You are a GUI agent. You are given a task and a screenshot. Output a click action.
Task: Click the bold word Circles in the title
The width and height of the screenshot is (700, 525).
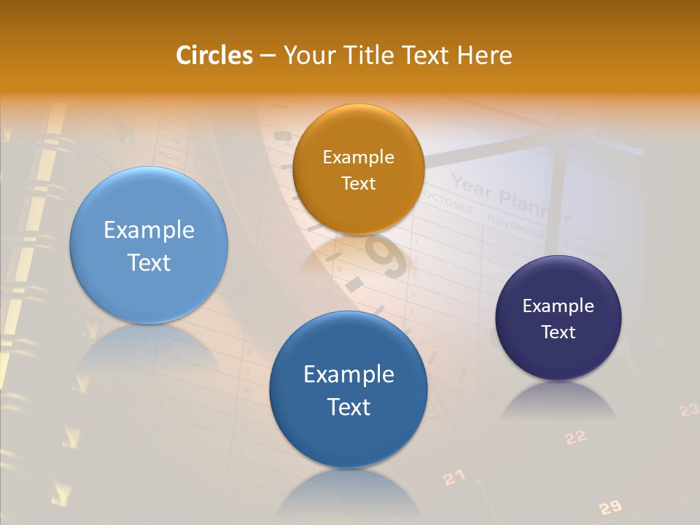click(214, 55)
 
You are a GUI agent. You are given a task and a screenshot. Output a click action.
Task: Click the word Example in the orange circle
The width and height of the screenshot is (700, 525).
click(358, 157)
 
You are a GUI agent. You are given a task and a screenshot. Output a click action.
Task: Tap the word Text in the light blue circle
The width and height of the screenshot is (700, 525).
click(149, 262)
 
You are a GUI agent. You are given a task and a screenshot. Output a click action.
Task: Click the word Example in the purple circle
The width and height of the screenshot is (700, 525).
click(558, 306)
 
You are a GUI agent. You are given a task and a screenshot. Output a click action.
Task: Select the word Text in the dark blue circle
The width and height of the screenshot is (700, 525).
click(349, 407)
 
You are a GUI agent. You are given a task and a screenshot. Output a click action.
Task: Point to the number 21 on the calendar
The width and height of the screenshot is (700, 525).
click(454, 478)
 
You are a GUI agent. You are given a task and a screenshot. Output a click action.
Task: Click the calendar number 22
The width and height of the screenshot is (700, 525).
click(575, 437)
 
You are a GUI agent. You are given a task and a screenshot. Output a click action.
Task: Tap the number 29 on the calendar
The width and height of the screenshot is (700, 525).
click(610, 507)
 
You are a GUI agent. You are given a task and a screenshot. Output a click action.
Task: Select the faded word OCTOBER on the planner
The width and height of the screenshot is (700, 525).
click(448, 203)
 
